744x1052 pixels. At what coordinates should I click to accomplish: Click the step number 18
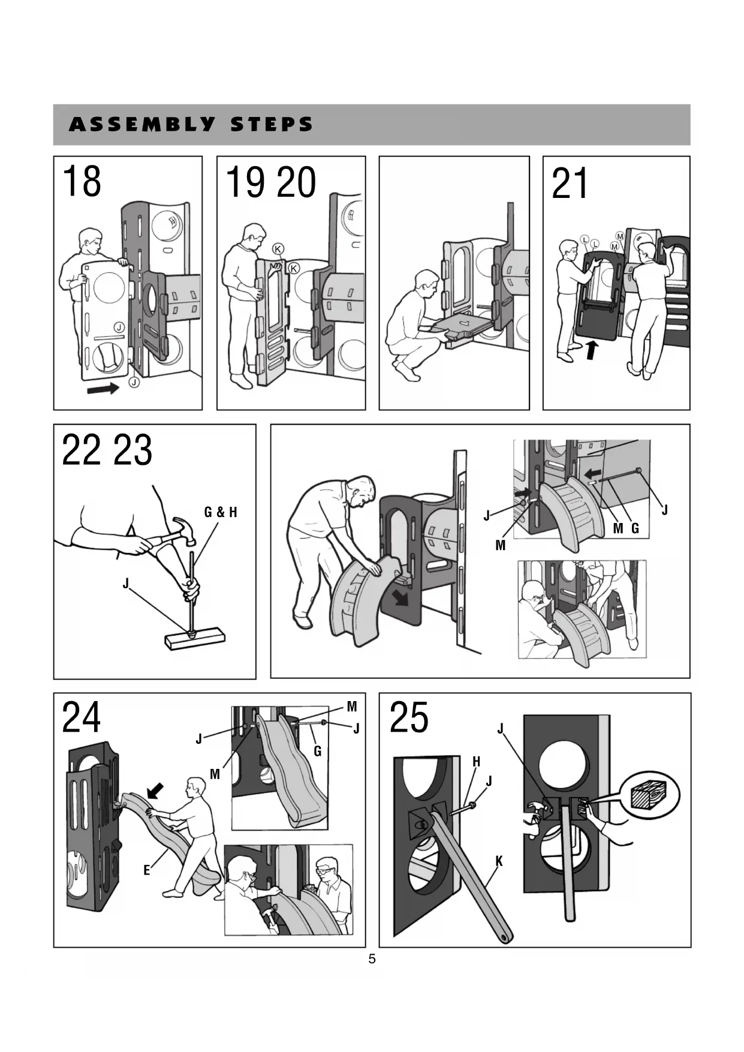pos(82,182)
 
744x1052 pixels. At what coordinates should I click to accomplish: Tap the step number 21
pos(570,184)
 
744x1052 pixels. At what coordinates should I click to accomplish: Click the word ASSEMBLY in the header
pos(141,125)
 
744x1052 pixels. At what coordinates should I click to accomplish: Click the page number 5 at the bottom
pos(372,959)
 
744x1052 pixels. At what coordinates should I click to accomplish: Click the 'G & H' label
pos(221,512)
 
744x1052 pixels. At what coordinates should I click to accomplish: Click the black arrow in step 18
pos(103,389)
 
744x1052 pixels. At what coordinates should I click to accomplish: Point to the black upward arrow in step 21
pos(592,350)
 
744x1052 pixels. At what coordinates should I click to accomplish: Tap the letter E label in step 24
pos(147,870)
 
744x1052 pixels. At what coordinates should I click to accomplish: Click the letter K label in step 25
pos(499,862)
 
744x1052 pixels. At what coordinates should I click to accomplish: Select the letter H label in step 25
pos(476,762)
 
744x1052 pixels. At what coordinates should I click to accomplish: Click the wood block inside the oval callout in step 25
pos(649,796)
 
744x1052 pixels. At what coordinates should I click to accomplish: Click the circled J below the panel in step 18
pos(134,382)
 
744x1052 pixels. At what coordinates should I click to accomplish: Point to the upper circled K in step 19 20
pos(278,249)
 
